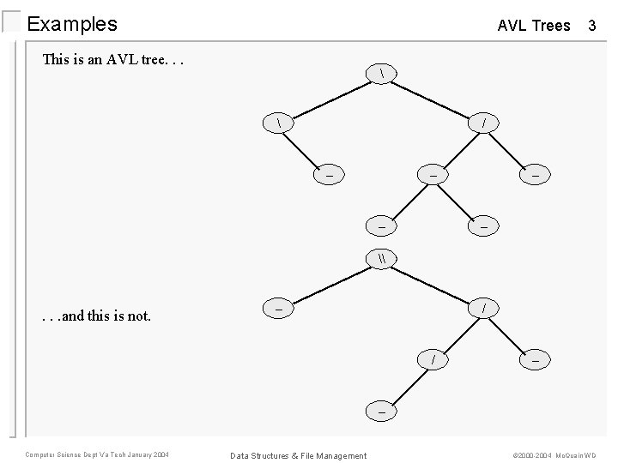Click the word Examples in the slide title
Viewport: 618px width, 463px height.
tap(72, 24)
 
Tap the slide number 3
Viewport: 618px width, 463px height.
tap(591, 26)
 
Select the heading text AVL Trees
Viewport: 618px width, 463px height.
tap(533, 26)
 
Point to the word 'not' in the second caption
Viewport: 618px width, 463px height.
tap(139, 316)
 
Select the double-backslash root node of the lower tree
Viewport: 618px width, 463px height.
tap(381, 256)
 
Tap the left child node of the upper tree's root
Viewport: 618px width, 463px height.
tap(280, 124)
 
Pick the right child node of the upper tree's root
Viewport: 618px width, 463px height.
tap(484, 124)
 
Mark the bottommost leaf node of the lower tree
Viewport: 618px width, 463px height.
tap(381, 411)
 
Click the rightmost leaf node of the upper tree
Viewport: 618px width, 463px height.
tap(535, 175)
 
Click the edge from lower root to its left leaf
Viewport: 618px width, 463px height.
tap(330, 281)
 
